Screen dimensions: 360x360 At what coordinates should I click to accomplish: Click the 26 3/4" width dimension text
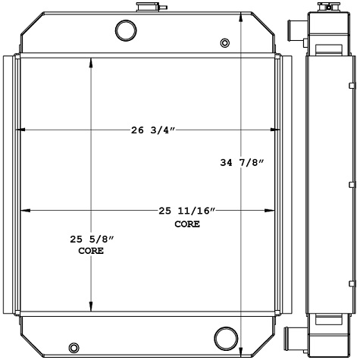pos(153,130)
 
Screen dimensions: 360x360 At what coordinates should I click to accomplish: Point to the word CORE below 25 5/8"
pos(91,252)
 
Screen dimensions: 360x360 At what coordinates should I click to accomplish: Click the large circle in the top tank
pos(124,30)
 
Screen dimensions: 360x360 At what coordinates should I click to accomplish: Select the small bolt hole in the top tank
pos(223,42)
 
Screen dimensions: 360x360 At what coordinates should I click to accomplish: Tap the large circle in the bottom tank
pos(224,336)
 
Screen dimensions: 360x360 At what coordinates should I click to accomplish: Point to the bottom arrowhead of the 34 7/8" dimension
pos(241,350)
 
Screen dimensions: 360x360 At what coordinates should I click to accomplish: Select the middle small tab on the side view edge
pos(352,185)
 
